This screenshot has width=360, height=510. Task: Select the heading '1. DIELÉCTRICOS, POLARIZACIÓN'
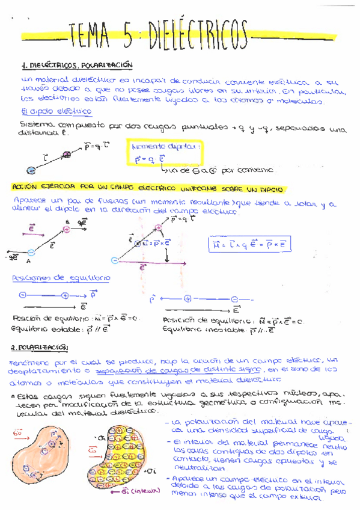pyautogui.click(x=76, y=64)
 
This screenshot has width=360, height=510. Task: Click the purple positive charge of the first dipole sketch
pyautogui.click(x=67, y=155)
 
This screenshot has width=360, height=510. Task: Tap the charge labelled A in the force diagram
pyautogui.click(x=31, y=252)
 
